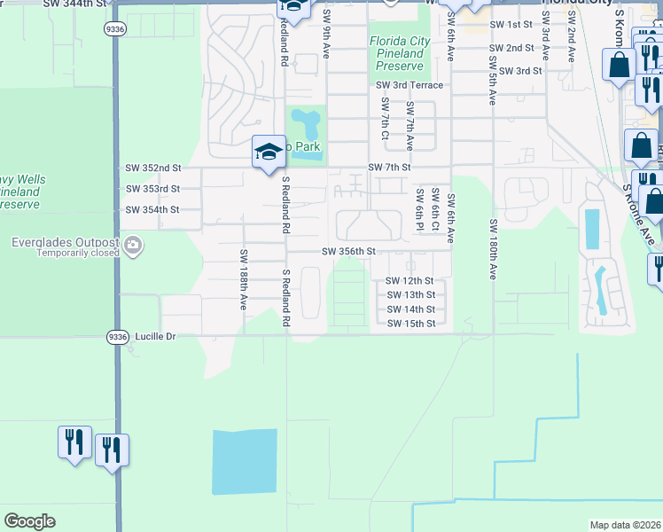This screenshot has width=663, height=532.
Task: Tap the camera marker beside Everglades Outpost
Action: [x=132, y=245]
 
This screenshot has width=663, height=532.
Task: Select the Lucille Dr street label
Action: [x=156, y=337]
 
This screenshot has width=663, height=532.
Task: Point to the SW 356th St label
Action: [x=349, y=252]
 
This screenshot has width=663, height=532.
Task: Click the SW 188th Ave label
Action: [x=243, y=279]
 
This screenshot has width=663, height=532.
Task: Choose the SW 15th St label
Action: [x=410, y=324]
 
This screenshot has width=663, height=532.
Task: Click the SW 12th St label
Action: [x=410, y=281]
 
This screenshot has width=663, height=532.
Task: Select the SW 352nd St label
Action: [x=152, y=168]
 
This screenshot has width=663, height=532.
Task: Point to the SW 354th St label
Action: [x=152, y=210]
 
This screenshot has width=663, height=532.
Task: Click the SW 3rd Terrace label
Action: [x=409, y=85]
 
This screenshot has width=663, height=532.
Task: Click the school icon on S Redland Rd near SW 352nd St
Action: [x=268, y=152]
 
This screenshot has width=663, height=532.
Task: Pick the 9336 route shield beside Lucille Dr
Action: [x=116, y=337]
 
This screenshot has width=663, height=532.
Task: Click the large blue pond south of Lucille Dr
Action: [x=244, y=461]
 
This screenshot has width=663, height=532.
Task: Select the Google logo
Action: [x=29, y=521]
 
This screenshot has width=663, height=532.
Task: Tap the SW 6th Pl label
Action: [x=418, y=207]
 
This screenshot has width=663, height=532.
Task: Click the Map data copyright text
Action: [x=624, y=525]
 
